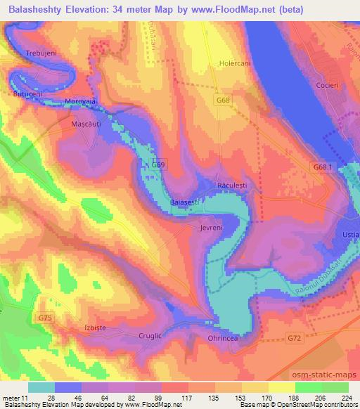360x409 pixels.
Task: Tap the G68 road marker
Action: click(x=224, y=100)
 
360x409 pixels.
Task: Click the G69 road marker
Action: click(x=159, y=164)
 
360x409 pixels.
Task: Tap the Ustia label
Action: click(x=351, y=233)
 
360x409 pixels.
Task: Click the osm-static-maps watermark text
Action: click(x=324, y=372)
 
